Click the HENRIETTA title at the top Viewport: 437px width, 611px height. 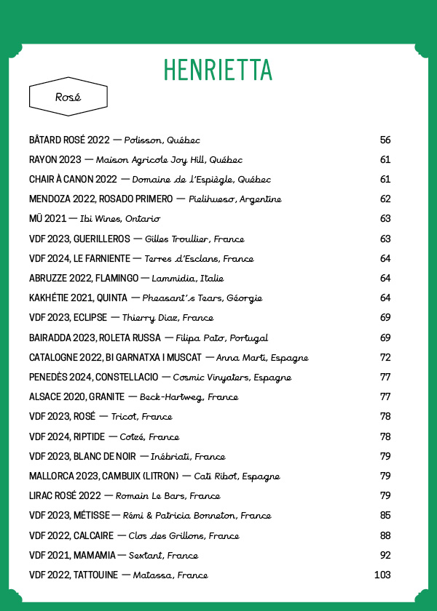point(218,69)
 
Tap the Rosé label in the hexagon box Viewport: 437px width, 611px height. point(68,97)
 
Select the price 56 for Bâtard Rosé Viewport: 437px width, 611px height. point(385,140)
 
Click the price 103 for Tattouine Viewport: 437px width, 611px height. point(382,575)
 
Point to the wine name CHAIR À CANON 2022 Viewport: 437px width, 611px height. point(73,179)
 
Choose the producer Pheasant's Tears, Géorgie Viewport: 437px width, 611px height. point(202,297)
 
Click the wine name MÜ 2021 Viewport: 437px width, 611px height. point(47,218)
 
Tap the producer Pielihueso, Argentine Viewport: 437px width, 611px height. point(235,199)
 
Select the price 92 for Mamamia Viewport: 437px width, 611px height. point(385,555)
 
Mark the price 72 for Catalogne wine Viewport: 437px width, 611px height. point(385,357)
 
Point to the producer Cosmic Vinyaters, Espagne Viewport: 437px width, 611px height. point(232,378)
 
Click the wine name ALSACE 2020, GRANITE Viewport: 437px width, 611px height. point(76,397)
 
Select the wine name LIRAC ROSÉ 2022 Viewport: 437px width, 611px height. point(65,496)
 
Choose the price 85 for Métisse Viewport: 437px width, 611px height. point(385,516)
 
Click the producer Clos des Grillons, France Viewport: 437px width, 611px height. point(184,535)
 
